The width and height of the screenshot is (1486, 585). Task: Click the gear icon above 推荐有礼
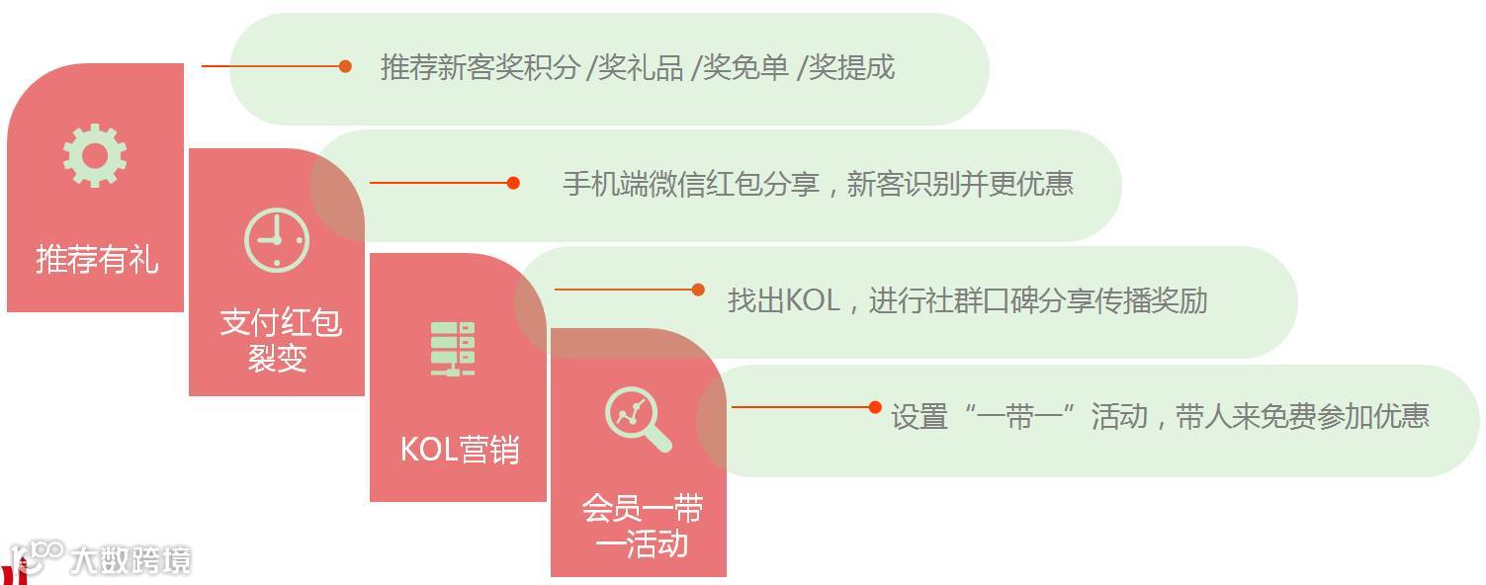coord(95,155)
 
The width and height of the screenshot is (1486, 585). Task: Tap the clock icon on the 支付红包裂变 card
coord(277,240)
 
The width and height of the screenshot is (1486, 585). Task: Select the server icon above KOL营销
coord(453,348)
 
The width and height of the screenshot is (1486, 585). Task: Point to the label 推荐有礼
coord(97,259)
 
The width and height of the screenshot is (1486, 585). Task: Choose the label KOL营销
coord(459,450)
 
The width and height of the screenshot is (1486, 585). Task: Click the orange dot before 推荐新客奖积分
coord(345,66)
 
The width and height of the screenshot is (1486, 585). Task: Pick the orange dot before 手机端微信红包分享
coord(513,183)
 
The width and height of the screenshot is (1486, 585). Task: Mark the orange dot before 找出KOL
coord(698,290)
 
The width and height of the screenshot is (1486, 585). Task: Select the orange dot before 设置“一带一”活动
coord(875,407)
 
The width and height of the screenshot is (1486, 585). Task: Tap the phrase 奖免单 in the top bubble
coord(745,67)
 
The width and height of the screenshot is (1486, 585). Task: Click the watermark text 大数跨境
coord(130,560)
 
